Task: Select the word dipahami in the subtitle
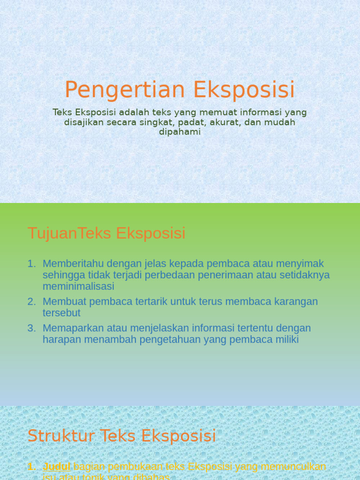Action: pyautogui.click(x=180, y=132)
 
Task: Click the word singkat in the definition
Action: pyautogui.click(x=157, y=122)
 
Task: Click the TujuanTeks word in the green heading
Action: pyautogui.click(x=52, y=233)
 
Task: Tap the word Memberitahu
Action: pyautogui.click(x=73, y=264)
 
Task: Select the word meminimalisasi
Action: pyautogui.click(x=78, y=286)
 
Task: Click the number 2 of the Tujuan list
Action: pyautogui.click(x=31, y=301)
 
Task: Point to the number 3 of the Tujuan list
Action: pyautogui.click(x=31, y=328)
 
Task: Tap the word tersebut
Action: pyautogui.click(x=61, y=313)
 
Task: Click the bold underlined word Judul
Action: pyautogui.click(x=57, y=467)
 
